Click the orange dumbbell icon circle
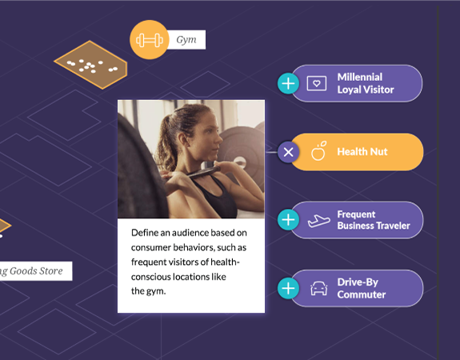pos(150,40)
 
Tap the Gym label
pos(186,40)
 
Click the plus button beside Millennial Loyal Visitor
pos(288,84)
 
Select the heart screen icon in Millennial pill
pos(317,84)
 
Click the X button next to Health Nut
pos(288,152)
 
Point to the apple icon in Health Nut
pos(318,151)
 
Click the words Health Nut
pos(362,152)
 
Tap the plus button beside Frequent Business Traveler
pos(288,220)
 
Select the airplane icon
pos(318,221)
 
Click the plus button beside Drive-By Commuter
pos(288,288)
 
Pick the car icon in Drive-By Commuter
pos(319,289)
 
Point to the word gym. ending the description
pos(156,291)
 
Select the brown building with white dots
pos(90,65)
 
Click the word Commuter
pos(362,294)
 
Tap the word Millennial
pos(360,77)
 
